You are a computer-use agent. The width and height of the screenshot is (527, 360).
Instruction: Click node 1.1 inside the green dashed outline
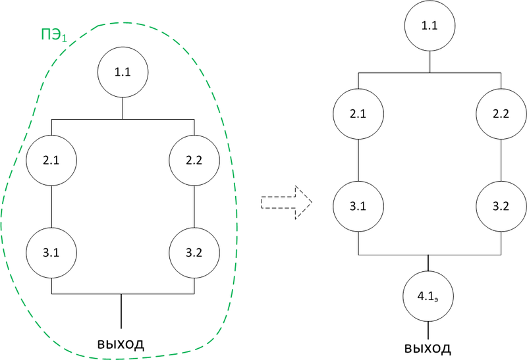tap(123, 72)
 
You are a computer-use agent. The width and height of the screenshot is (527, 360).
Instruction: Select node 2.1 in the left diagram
tap(51, 160)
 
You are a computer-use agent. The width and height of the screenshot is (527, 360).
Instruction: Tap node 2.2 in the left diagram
tap(194, 160)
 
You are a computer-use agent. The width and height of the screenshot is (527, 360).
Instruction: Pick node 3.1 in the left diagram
tap(51, 253)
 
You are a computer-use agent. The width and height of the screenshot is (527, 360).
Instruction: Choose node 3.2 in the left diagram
tap(194, 253)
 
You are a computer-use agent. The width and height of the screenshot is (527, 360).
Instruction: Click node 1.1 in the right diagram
tap(430, 27)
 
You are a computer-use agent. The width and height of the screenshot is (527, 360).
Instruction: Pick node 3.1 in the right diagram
tap(358, 207)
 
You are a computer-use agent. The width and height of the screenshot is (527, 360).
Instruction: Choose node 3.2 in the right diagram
tap(501, 207)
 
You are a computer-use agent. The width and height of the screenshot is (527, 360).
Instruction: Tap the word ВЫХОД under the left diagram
tap(121, 344)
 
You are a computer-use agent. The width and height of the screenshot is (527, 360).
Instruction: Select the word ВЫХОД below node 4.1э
tap(428, 347)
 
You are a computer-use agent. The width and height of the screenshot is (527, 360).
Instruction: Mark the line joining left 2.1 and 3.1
tap(51, 207)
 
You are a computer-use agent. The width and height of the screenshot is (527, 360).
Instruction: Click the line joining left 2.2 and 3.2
tap(194, 207)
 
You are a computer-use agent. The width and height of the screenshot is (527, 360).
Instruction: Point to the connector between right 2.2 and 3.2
tap(501, 161)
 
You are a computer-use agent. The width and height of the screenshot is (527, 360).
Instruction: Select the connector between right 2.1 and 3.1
tap(358, 161)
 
